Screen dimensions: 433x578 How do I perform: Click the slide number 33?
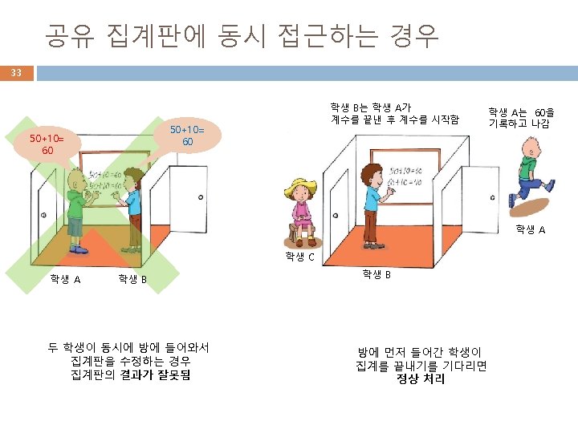[x=16, y=73]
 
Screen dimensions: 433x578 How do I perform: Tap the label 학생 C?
[x=299, y=257]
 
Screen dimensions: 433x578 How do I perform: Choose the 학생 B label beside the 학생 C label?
[x=377, y=274]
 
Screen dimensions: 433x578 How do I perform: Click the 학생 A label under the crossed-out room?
[x=65, y=279]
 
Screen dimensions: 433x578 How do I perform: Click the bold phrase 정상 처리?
[x=421, y=378]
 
